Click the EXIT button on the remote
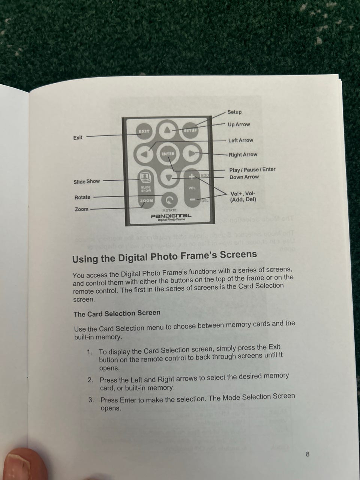click(144, 131)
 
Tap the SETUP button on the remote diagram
click(190, 130)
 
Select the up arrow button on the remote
click(167, 130)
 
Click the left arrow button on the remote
click(144, 154)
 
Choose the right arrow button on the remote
click(192, 154)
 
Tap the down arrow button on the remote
click(168, 178)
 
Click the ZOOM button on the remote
click(146, 201)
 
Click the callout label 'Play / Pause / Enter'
click(252, 170)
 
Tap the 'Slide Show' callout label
click(87, 181)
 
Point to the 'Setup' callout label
click(234, 112)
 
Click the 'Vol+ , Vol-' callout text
click(243, 194)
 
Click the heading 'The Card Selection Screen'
click(117, 313)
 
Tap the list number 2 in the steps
click(90, 380)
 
